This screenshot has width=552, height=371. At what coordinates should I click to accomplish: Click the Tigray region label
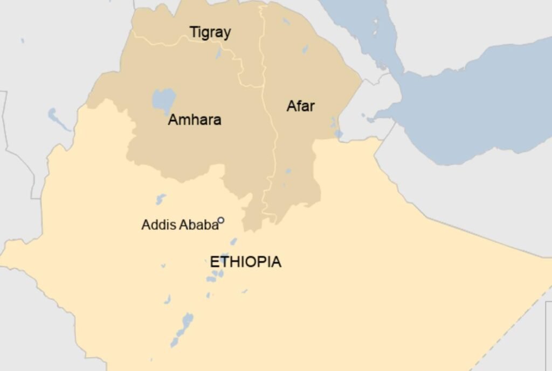pyautogui.click(x=210, y=33)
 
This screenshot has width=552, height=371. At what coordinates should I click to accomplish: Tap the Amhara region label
pyautogui.click(x=195, y=120)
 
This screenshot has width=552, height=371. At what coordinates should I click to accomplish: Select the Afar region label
pyautogui.click(x=300, y=106)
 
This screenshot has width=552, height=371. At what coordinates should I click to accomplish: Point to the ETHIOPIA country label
pyautogui.click(x=245, y=262)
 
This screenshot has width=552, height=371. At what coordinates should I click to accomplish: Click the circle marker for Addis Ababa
pyautogui.click(x=221, y=220)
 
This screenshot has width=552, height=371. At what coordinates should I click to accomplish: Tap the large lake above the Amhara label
pyautogui.click(x=163, y=100)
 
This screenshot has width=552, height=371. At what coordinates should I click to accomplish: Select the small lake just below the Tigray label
pyautogui.click(x=218, y=53)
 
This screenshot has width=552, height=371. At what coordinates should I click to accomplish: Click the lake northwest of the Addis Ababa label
pyautogui.click(x=160, y=199)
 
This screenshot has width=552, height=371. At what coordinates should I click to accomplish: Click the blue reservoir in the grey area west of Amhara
pyautogui.click(x=58, y=119)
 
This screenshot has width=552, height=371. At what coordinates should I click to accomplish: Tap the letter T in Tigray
pyautogui.click(x=192, y=32)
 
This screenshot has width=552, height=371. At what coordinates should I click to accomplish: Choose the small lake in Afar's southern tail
pyautogui.click(x=288, y=171)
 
